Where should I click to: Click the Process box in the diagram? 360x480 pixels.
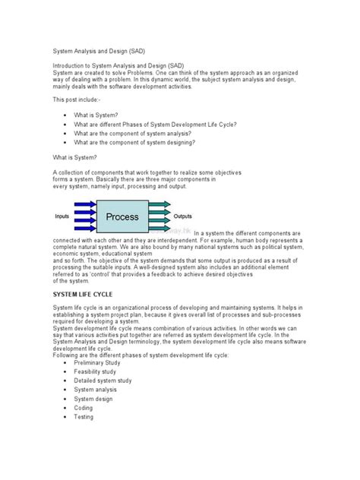pyautogui.click(x=122, y=216)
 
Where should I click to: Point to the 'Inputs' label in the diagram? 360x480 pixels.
pyautogui.click(x=62, y=216)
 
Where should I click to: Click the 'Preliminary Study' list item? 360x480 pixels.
pyautogui.click(x=97, y=363)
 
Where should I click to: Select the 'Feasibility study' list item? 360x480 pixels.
pyautogui.click(x=96, y=372)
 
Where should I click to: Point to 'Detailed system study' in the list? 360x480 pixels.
pyautogui.click(x=104, y=381)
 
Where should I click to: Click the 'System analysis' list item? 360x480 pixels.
pyautogui.click(x=96, y=390)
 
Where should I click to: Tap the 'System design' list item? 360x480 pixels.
pyautogui.click(x=93, y=399)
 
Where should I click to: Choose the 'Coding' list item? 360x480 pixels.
pyautogui.click(x=84, y=409)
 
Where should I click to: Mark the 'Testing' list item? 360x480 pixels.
pyautogui.click(x=84, y=418)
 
